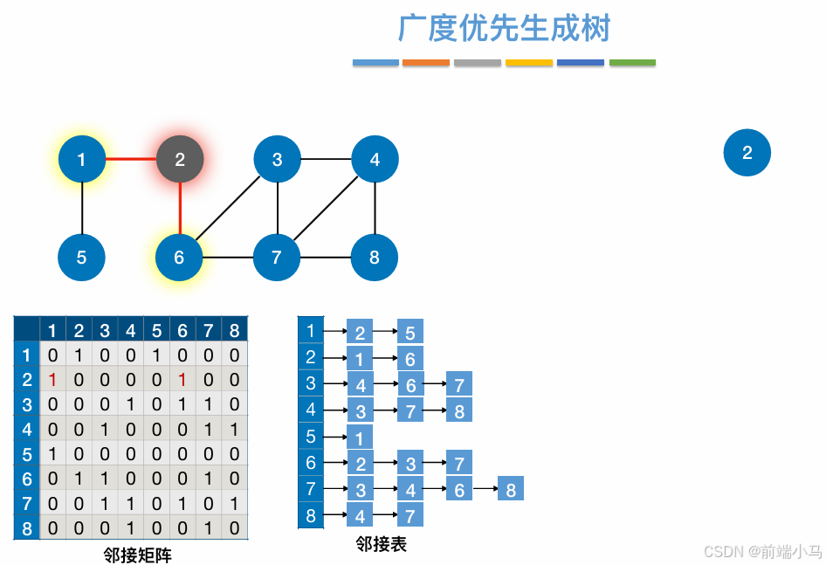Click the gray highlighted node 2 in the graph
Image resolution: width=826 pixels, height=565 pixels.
(180, 160)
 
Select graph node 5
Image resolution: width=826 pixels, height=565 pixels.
(81, 258)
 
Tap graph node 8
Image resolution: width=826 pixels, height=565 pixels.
(375, 258)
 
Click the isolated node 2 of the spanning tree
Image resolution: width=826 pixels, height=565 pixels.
(747, 153)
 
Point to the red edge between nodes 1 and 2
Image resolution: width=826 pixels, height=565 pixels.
(131, 160)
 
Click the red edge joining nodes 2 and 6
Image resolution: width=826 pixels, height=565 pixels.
(180, 209)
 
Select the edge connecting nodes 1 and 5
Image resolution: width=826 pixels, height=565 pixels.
(81, 209)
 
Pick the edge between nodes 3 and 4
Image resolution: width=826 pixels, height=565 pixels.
(326, 160)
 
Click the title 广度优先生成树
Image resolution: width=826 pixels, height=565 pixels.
(504, 28)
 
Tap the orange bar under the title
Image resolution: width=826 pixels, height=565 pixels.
(426, 63)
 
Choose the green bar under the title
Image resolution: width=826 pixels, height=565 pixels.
(632, 63)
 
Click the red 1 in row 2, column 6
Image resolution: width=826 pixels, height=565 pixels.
(182, 380)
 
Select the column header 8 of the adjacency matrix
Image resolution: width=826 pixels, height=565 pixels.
(234, 330)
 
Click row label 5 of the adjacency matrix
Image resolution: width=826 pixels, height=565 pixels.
(27, 455)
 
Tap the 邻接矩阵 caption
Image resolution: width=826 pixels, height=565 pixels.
(137, 555)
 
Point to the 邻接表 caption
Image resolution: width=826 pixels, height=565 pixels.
(382, 545)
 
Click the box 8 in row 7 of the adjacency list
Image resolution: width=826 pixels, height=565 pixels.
(510, 489)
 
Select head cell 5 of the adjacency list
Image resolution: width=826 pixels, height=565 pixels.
(310, 436)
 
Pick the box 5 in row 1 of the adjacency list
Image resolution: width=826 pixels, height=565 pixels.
(410, 332)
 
